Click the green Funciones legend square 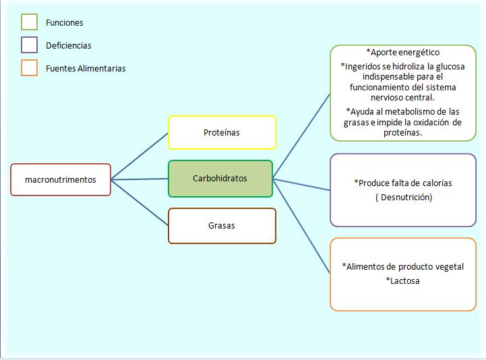tap(29, 22)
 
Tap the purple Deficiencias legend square tap(29, 45)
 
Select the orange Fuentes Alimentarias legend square tap(29, 68)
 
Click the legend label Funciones tap(65, 23)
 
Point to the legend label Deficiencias tap(69, 46)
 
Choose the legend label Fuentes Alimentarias tap(86, 69)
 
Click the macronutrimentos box tap(61, 180)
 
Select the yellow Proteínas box tap(222, 133)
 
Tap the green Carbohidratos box tap(220, 179)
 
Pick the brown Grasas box tap(222, 226)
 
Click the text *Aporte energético tap(402, 53)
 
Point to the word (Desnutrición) tap(403, 198)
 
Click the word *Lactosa tap(403, 280)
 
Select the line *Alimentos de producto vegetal tap(403, 266)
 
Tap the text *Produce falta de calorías tap(403, 183)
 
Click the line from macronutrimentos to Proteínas tap(140, 156)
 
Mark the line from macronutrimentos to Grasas tap(140, 202)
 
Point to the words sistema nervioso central tap(403, 92)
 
